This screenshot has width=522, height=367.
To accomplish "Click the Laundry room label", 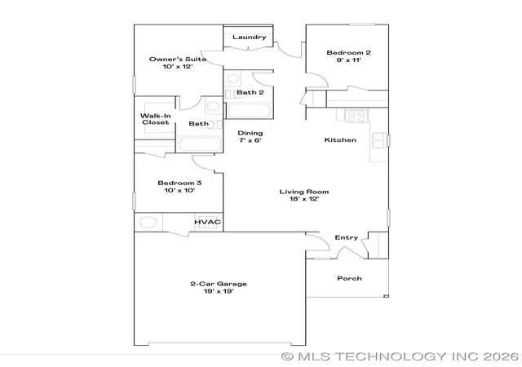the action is point(249,37).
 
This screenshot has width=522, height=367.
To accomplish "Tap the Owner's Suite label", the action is point(178,60).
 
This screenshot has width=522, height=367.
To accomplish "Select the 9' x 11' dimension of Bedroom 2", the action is point(348,60).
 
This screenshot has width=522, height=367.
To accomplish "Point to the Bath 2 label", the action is point(250,92).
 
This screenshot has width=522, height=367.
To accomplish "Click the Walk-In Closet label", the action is point(156,119).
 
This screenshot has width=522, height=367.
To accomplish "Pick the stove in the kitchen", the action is point(356,116).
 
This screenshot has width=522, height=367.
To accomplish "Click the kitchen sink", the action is point(379,140).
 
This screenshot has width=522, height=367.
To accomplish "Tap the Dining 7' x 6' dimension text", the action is point(250,140).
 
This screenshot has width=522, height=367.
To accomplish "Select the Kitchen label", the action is point(340,140).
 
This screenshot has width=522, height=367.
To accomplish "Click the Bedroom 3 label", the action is point(179,183).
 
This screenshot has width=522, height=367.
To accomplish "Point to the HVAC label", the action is point(207,222).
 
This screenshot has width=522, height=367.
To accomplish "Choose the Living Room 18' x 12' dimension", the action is point(304,199).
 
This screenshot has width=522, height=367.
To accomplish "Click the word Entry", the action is point(347,237).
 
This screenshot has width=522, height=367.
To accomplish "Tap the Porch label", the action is point(349,278).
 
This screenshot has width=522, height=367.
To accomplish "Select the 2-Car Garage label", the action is point(219,284).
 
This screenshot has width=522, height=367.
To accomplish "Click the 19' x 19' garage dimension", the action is point(219,291).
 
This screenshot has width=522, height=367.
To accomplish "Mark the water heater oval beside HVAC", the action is point(148,222).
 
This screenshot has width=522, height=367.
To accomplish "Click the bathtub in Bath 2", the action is point(250,111).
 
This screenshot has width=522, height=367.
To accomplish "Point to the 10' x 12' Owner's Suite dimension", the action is point(178,67).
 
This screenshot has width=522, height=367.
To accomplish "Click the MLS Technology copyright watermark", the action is point(400,356).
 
